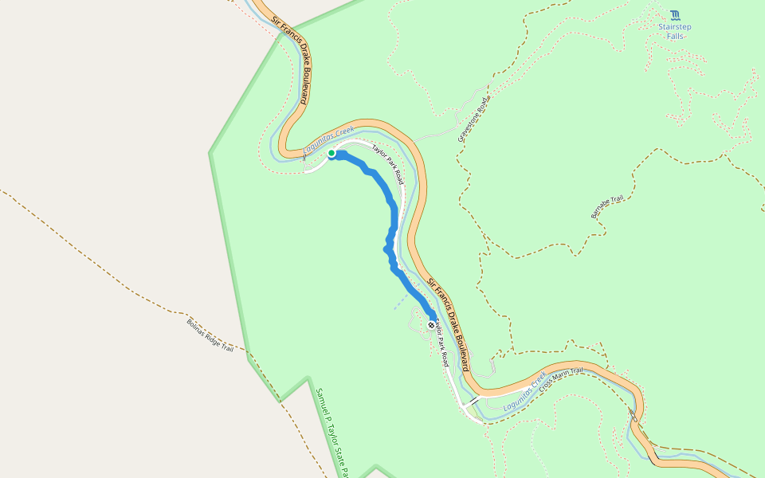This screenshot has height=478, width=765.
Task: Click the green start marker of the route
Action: coord(331,153)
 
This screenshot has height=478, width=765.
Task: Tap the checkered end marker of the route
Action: coord(431,325)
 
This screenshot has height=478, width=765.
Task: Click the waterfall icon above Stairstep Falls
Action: coord(675,15)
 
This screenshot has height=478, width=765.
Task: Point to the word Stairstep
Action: coord(675,26)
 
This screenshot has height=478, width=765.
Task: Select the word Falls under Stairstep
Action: coord(675,36)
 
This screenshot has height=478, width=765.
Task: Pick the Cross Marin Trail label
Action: coord(562,377)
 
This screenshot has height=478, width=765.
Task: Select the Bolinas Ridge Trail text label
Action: coord(210,336)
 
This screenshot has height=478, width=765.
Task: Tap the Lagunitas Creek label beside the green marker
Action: coord(328,139)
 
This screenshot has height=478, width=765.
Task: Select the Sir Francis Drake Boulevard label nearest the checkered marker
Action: coord(451,323)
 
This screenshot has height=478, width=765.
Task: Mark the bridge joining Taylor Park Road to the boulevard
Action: coord(474,400)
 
